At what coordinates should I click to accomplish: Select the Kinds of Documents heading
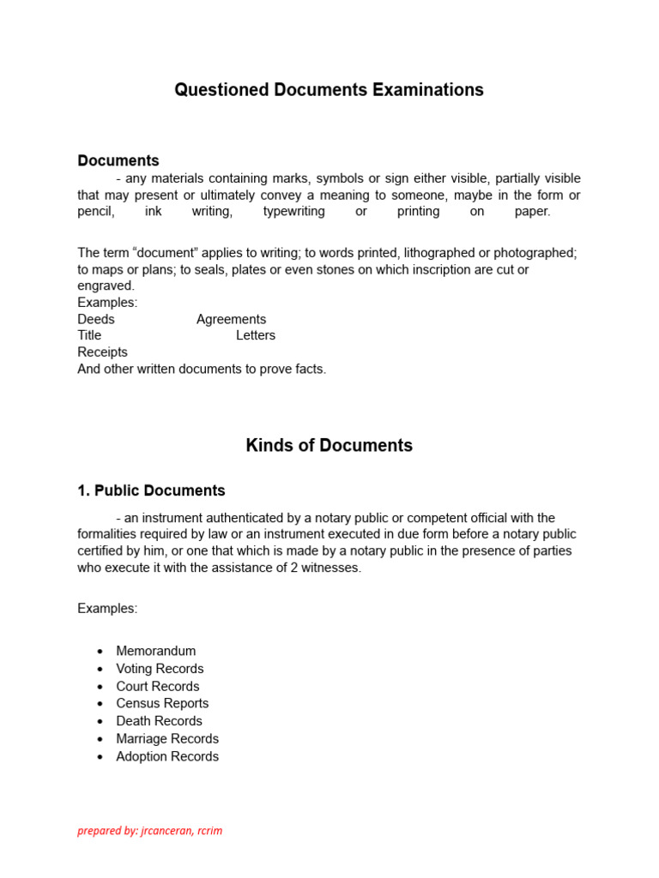(329, 446)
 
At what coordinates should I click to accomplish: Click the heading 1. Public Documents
(151, 491)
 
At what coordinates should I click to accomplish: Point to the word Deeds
(96, 319)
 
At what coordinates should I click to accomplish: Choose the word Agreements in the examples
(231, 319)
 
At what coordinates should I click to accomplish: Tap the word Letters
(256, 335)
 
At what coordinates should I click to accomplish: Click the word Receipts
(102, 352)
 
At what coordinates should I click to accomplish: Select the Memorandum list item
(156, 651)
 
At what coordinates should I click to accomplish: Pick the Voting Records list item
(160, 669)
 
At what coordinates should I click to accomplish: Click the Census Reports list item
(162, 703)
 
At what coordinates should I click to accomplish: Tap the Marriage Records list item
(167, 738)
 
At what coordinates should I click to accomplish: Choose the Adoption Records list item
(167, 756)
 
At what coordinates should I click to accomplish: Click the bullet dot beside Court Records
(100, 687)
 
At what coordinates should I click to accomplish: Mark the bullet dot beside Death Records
(100, 722)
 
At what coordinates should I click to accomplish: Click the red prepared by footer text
(150, 831)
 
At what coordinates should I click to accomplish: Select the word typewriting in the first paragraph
(293, 211)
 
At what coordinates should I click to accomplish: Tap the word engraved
(106, 286)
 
